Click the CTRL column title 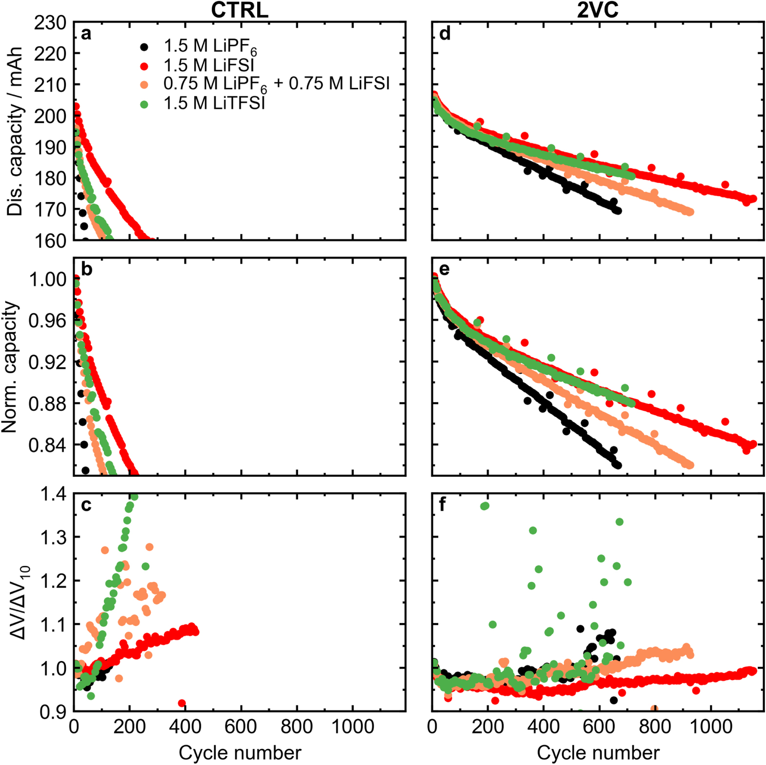[x=240, y=10]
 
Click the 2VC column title [x=597, y=10]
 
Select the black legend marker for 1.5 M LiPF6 [x=144, y=47]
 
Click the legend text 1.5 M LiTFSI [x=214, y=103]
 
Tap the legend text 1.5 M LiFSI [x=209, y=65]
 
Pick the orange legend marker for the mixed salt [x=144, y=85]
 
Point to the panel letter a [x=86, y=34]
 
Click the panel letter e [x=444, y=269]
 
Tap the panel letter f [x=442, y=504]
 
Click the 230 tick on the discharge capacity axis [x=50, y=22]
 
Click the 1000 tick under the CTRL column [x=352, y=727]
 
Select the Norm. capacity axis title [x=10, y=367]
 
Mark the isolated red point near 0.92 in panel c [x=181, y=703]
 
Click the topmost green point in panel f [x=484, y=506]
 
